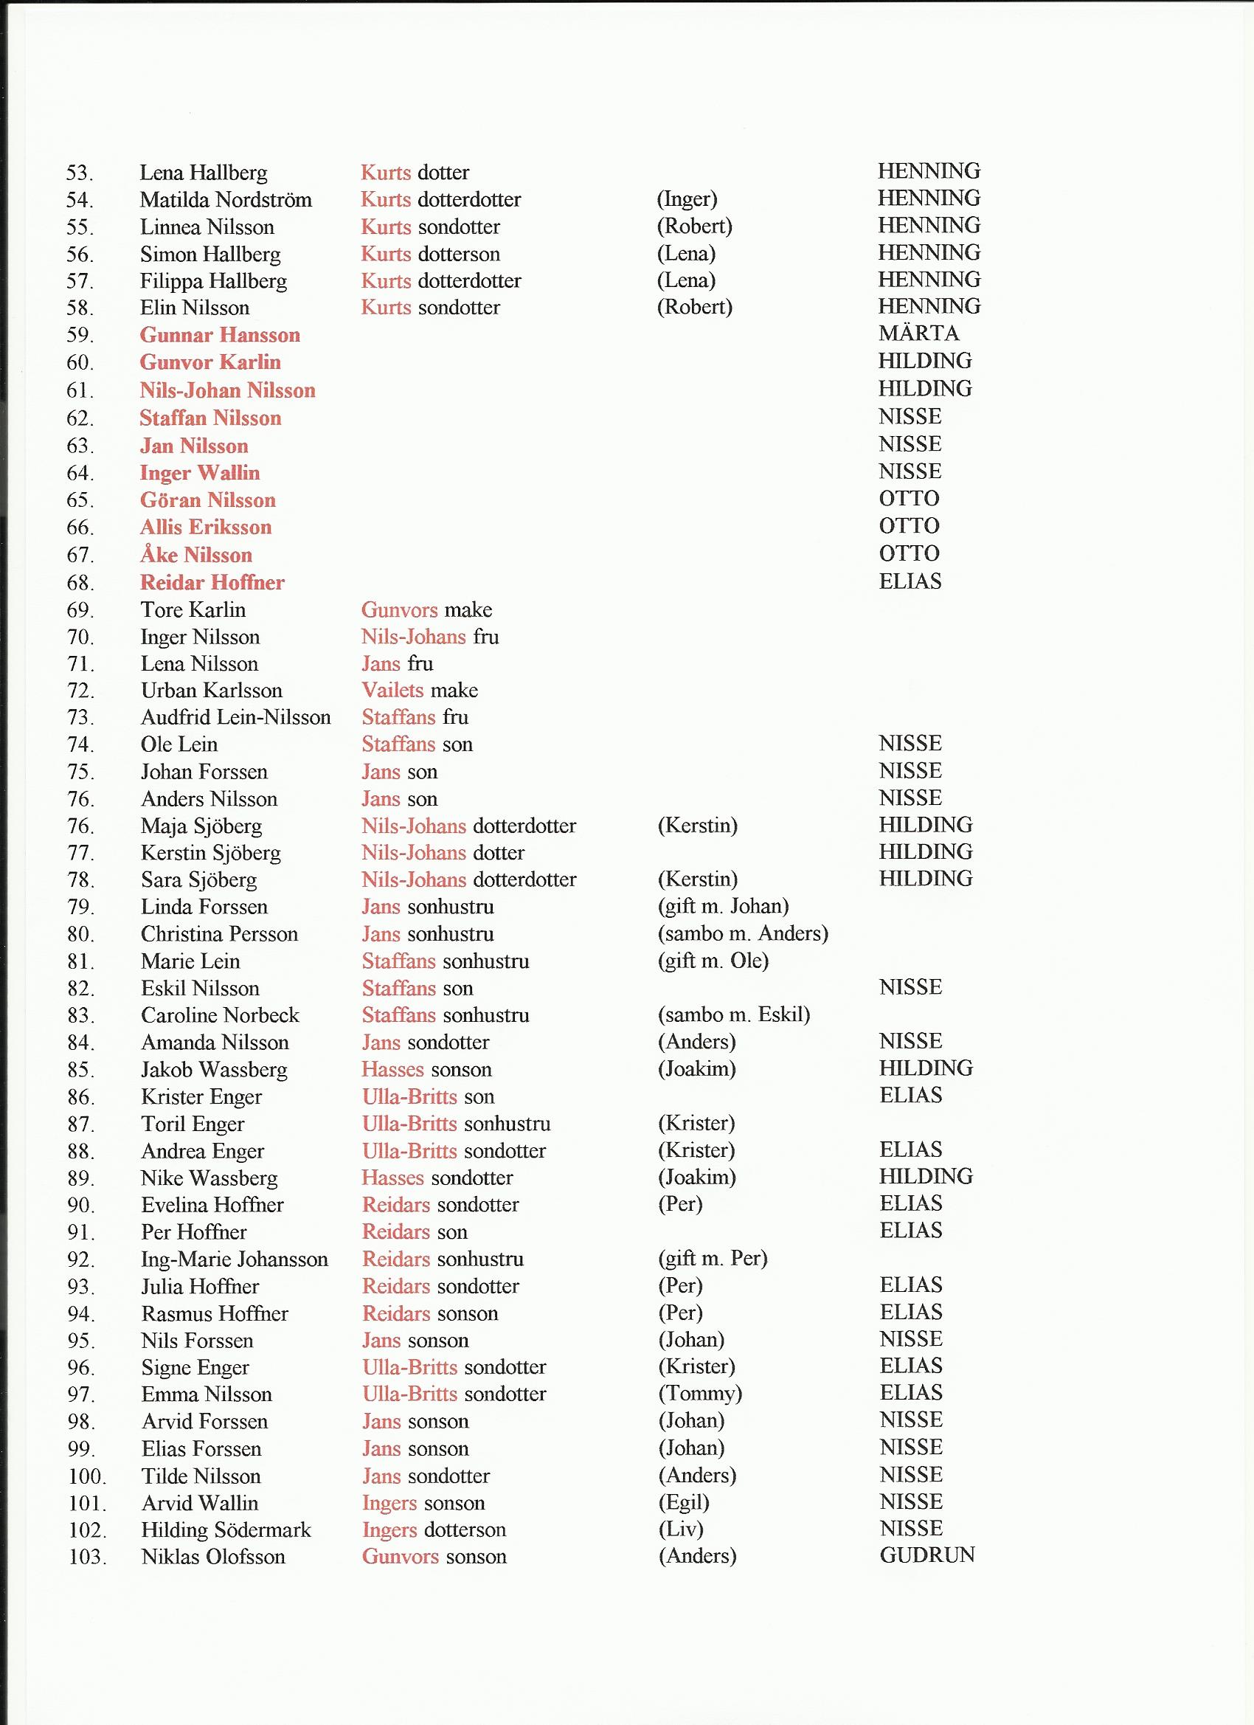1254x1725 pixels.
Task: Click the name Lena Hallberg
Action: [203, 173]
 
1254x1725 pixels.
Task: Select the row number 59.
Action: [80, 336]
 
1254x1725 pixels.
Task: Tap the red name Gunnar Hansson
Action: [220, 336]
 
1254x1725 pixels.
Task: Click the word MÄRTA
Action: [918, 333]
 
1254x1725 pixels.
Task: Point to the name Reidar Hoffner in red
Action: [212, 583]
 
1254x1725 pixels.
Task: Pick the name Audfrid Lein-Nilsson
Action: [236, 717]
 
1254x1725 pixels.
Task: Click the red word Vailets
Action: [392, 691]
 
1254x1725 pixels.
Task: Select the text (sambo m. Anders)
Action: [742, 933]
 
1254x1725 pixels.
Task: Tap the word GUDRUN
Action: [927, 1555]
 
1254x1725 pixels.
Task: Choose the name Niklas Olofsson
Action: [213, 1557]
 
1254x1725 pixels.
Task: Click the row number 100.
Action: [87, 1477]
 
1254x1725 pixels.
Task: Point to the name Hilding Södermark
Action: [226, 1529]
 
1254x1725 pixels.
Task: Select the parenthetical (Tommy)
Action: [699, 1394]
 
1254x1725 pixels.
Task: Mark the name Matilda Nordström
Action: [226, 200]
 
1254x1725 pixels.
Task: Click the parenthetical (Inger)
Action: [687, 199]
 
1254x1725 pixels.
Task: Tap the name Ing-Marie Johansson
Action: [235, 1259]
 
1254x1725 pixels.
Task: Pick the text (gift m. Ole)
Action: [713, 961]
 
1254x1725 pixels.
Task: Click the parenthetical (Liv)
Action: [680, 1529]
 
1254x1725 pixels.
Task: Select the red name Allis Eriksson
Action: [205, 527]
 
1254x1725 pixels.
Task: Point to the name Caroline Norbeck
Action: [220, 1015]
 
